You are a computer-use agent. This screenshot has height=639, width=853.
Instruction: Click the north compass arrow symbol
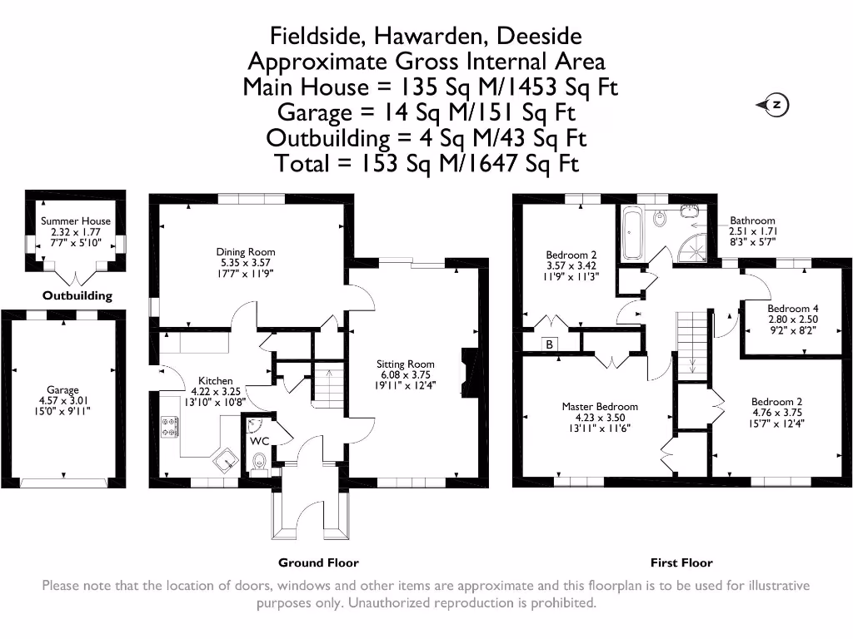point(773,105)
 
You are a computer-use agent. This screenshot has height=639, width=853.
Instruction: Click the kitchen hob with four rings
point(169,428)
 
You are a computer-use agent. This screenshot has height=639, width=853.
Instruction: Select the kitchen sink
point(223,459)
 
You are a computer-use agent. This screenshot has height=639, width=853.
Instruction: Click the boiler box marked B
point(549,344)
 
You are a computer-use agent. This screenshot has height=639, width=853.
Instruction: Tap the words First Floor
point(681,562)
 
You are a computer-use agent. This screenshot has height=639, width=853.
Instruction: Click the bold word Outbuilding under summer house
point(77,295)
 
